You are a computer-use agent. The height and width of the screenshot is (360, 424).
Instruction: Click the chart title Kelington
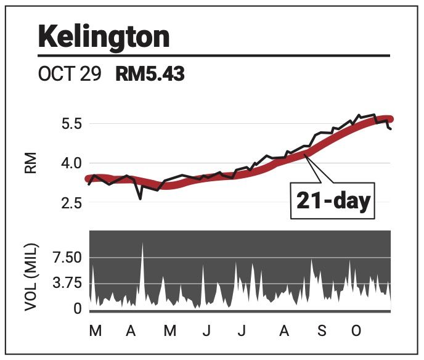pos(104,38)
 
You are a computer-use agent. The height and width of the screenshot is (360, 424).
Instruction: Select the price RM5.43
pos(150,75)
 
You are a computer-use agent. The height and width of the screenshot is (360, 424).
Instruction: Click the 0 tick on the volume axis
pos(77,308)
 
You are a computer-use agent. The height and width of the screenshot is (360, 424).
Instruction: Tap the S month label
pos(322,332)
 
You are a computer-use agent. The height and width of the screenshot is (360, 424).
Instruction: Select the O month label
pos(356,332)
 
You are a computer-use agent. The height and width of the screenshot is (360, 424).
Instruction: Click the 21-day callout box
pos(332,200)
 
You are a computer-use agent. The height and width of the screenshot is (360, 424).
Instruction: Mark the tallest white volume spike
pos(142,244)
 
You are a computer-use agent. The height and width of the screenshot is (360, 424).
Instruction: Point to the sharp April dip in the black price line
pos(141,198)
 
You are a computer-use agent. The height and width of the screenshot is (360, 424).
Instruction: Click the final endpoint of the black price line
pos(391,129)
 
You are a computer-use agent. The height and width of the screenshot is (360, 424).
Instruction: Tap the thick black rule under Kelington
pos(214,56)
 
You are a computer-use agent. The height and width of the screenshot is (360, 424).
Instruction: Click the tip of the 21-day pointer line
pos(308,156)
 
